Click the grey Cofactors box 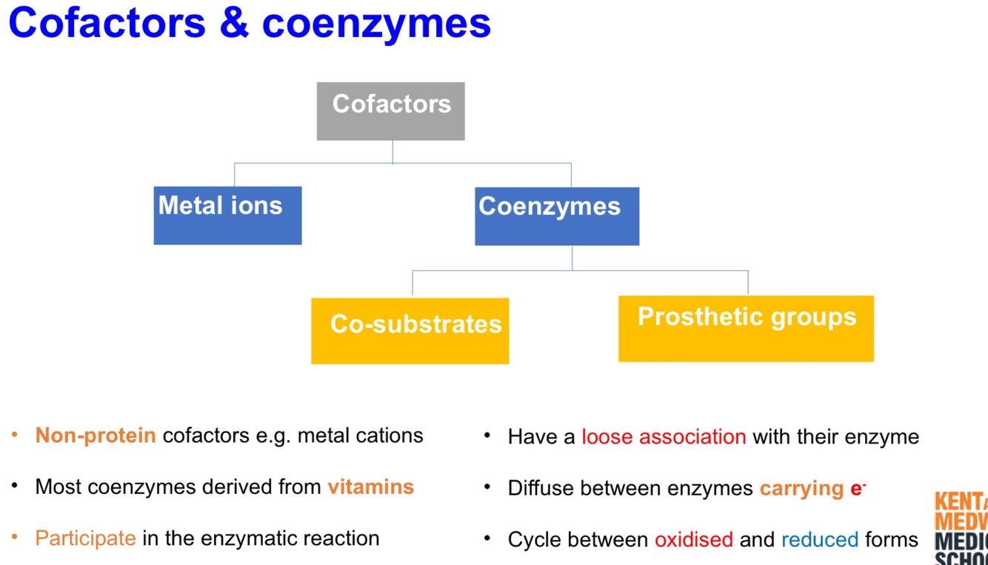(x=390, y=111)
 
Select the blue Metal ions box (x=227, y=215)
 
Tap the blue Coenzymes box (x=556, y=215)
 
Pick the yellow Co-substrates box (x=410, y=330)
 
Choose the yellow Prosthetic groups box (x=746, y=328)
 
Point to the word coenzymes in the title (x=376, y=23)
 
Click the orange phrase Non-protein (x=96, y=435)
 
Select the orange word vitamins (x=370, y=487)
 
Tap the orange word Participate (x=85, y=538)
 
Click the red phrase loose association (x=664, y=437)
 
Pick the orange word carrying (x=801, y=489)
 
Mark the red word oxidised (x=693, y=540)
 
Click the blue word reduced (x=820, y=540)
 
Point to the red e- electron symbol (x=858, y=489)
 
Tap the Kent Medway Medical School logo (x=961, y=527)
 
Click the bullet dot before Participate (x=15, y=538)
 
